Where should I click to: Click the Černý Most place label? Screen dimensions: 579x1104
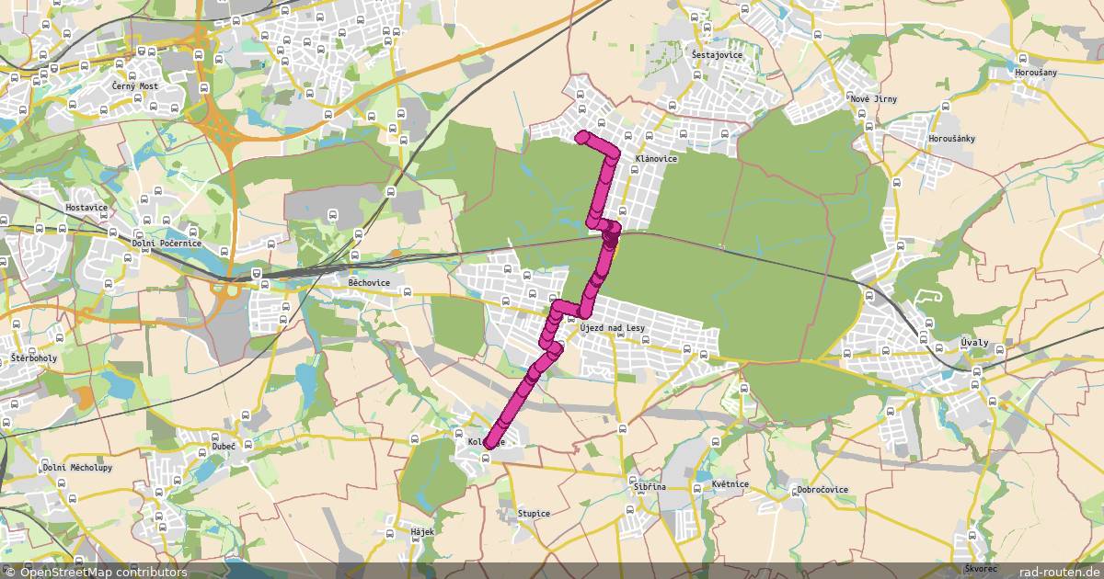click(135, 85)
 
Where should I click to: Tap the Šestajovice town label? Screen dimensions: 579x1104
click(717, 54)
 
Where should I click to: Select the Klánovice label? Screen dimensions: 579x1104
click(656, 158)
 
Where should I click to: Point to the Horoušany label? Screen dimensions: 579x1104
click(1036, 72)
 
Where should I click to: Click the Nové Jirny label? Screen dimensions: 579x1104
click(873, 98)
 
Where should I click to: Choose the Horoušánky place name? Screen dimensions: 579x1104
click(951, 139)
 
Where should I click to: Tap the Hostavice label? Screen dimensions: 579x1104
click(86, 208)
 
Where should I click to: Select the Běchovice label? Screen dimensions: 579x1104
click(369, 283)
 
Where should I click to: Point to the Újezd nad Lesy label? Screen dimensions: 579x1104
click(615, 327)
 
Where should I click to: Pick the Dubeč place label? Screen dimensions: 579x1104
click(224, 446)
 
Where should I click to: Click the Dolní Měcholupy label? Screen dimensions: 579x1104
click(77, 467)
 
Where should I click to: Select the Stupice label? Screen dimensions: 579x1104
click(534, 513)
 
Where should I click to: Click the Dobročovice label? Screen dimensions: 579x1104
click(822, 490)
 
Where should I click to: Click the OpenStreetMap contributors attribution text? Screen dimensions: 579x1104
click(96, 572)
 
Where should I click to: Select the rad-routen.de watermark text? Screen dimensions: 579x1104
click(1060, 572)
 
